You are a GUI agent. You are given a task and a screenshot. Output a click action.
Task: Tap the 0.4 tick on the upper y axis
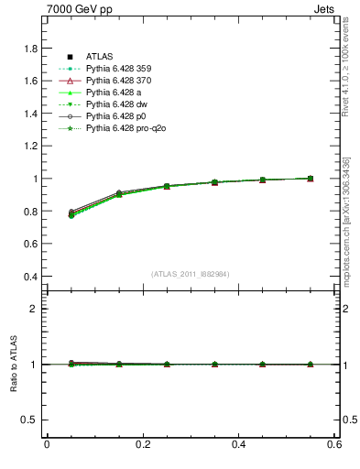[29, 277]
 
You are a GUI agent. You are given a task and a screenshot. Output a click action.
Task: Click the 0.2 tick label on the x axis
[143, 445]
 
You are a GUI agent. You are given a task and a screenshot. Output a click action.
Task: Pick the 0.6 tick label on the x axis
[335, 445]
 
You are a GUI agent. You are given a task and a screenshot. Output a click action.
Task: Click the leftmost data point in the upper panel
[71, 214]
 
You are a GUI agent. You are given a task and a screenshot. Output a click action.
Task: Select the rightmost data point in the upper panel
[310, 179]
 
